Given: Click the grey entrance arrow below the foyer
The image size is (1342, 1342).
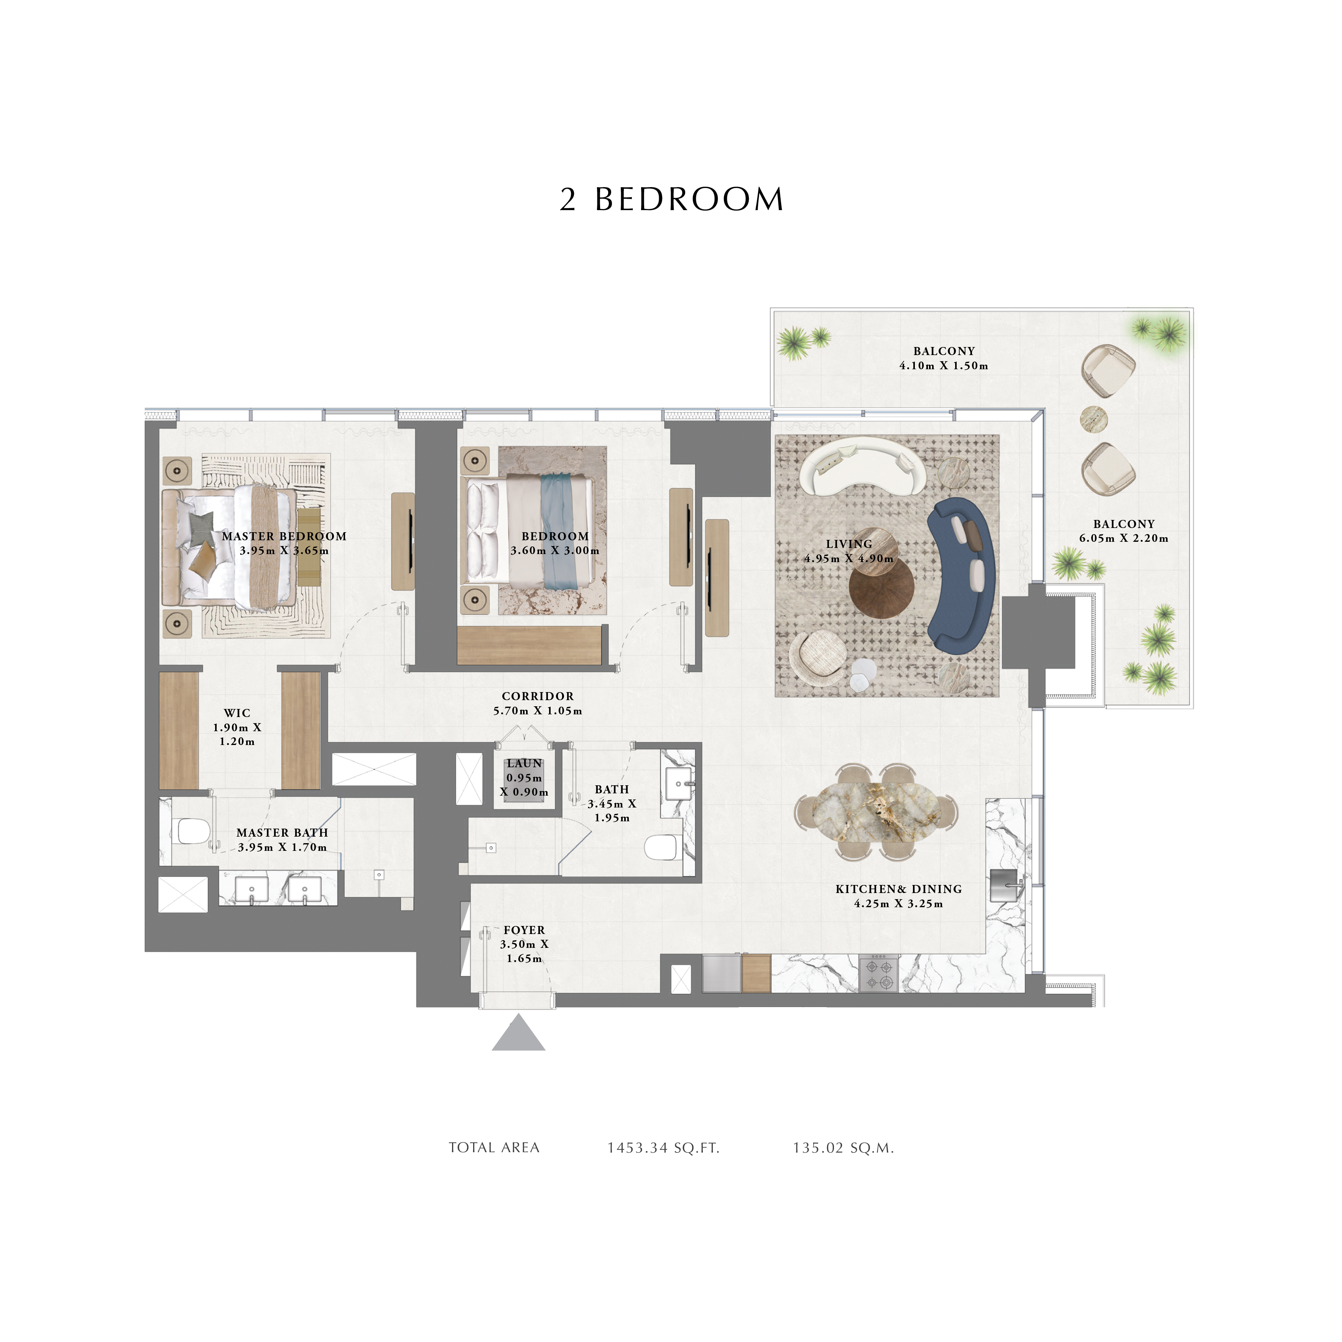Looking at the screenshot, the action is click(518, 1033).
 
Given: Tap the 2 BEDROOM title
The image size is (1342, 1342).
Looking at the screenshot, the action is click(672, 199).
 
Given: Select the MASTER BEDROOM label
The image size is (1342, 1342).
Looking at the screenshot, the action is click(284, 536).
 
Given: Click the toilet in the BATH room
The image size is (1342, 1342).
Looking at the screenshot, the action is click(662, 847).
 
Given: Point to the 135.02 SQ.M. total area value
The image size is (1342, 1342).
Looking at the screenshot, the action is click(843, 1148).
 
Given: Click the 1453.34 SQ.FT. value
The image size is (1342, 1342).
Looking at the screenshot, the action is click(663, 1148).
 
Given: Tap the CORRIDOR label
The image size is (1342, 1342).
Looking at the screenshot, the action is click(538, 696).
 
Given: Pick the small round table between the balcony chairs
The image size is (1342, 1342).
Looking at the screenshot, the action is click(1093, 418).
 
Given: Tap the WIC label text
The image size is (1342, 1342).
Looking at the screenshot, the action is click(237, 713).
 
